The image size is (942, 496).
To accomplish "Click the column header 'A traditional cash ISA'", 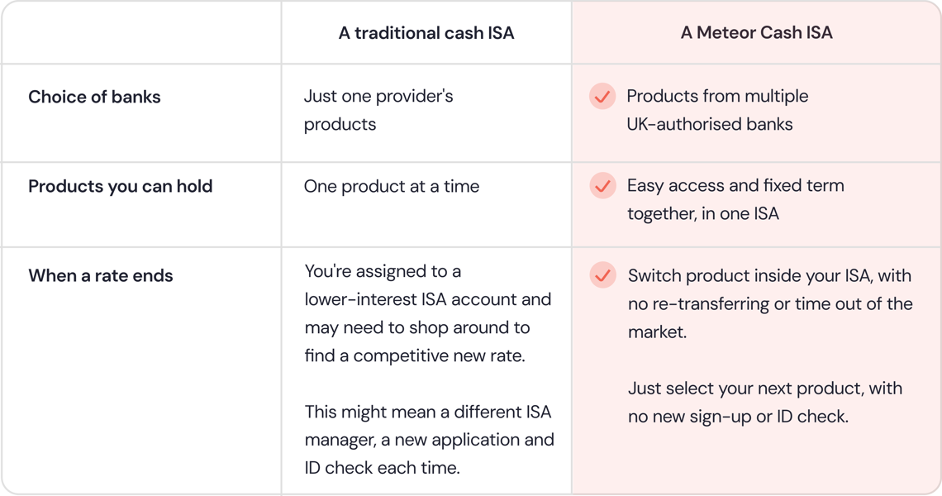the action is pos(426,32).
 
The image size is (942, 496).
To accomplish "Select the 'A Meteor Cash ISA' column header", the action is pos(756,32).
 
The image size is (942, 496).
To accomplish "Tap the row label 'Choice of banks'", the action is pos(94,97).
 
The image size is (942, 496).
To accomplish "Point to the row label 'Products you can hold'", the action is pos(120,186).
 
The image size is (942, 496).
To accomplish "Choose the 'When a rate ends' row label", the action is pos(100,275).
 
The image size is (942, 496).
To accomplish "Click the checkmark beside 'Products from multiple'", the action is pos(602,96).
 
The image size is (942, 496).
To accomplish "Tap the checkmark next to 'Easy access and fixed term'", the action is pos(602,186).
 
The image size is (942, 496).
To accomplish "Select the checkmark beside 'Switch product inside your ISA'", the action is pos(602,274).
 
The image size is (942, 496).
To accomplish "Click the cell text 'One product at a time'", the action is pos(392,186).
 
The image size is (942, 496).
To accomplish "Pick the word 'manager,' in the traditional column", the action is pos(340,440).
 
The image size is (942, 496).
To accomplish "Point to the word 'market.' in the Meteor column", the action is pos(657,331).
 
